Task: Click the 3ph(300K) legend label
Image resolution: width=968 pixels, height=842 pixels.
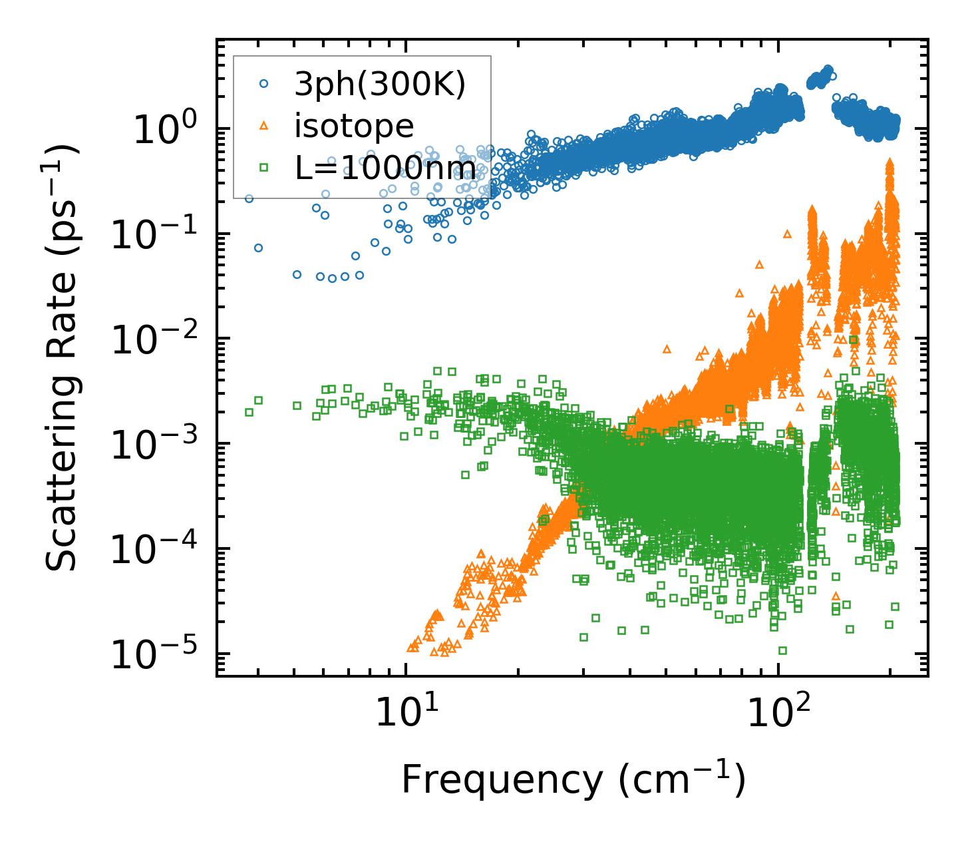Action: click(381, 85)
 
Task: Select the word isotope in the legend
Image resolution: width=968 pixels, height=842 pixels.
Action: click(354, 126)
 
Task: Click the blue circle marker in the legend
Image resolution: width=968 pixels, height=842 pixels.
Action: click(263, 84)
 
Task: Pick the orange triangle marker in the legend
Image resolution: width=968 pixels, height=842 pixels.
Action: click(263, 126)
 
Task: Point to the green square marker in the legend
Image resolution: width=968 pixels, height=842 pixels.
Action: click(263, 168)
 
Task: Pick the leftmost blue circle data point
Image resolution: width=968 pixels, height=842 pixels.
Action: click(249, 198)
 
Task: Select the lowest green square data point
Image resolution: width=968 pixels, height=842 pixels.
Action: click(782, 650)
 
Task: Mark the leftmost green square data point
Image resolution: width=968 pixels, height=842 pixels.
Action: click(249, 412)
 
